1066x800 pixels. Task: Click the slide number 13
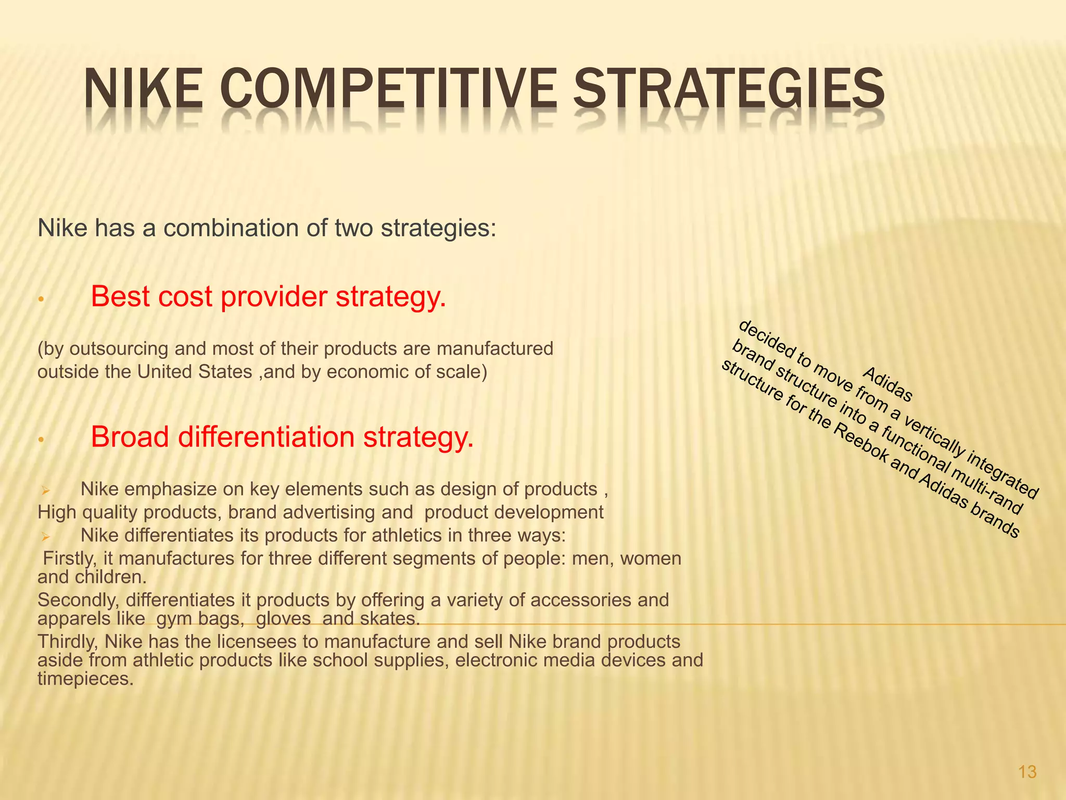tap(1027, 772)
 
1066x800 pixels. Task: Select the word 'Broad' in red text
tap(130, 436)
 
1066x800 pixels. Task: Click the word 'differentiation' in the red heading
tap(265, 436)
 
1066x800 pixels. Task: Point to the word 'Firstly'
tap(70, 558)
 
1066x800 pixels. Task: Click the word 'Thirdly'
tap(68, 642)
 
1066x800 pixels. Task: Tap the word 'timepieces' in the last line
tap(83, 679)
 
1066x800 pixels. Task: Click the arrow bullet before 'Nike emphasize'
tap(45, 490)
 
